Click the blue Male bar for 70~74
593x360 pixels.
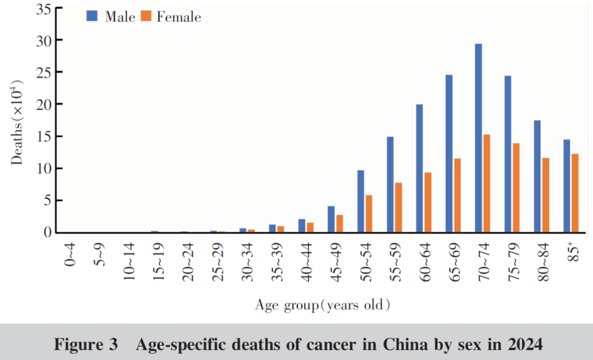click(478, 138)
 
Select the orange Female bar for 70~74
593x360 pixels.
click(486, 183)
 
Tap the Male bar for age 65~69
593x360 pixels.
click(449, 153)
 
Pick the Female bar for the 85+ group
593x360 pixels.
click(575, 193)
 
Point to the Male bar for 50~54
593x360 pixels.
click(360, 201)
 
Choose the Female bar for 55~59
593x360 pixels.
click(399, 207)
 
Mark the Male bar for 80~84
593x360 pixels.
click(537, 176)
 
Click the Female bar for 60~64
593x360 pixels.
click(428, 202)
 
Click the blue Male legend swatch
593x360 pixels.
click(92, 16)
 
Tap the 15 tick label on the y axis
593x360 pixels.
click(43, 137)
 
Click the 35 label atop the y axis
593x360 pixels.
click(43, 9)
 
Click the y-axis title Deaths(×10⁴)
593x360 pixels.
click(19, 122)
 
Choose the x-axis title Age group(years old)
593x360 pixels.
click(322, 305)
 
